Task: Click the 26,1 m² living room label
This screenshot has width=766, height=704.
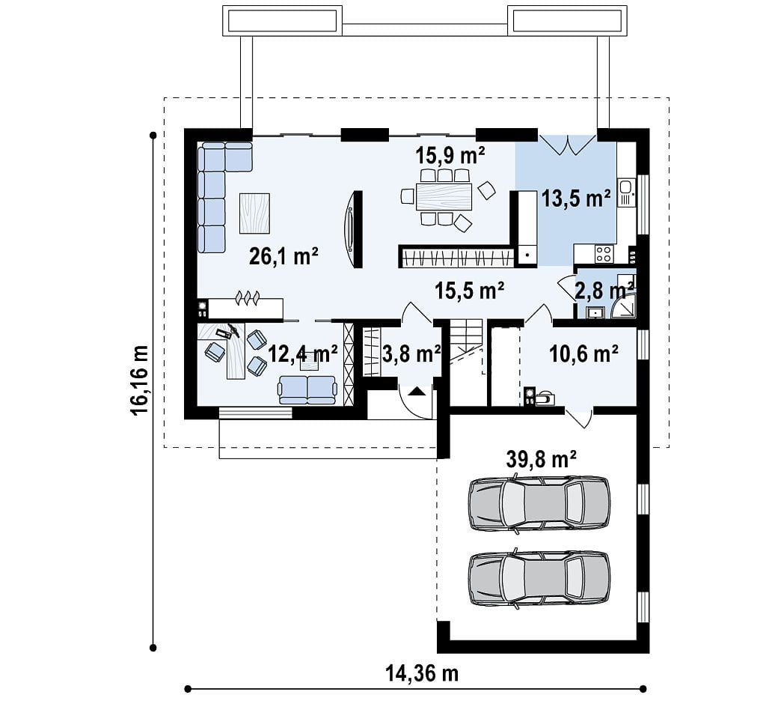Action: point(284,256)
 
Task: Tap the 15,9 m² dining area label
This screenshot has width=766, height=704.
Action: point(450,155)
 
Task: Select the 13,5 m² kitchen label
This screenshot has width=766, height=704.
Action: point(576,198)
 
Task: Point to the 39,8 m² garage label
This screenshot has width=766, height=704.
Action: point(542,459)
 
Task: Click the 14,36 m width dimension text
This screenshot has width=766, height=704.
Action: point(422,673)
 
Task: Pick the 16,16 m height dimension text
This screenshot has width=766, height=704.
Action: point(139,380)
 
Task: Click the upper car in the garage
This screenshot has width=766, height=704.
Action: point(539,503)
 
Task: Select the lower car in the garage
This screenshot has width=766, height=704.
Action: point(539,579)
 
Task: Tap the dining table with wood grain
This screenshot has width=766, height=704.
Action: point(444,196)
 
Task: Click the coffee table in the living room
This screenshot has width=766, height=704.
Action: point(254,213)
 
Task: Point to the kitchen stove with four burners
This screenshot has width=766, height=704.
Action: point(604,254)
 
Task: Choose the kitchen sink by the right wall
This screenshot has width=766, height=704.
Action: point(625,192)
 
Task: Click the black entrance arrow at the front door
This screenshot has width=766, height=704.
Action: point(416,390)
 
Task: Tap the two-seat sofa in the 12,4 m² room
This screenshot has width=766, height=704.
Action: point(307,389)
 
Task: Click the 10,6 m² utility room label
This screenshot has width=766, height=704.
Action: point(583,353)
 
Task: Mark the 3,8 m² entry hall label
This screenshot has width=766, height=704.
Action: point(411,353)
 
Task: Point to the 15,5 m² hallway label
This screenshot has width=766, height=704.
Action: point(470,291)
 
